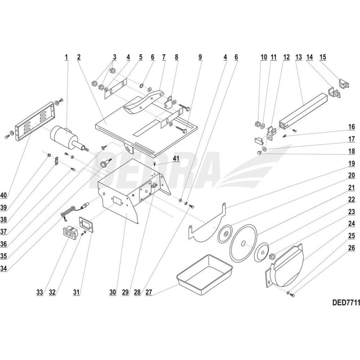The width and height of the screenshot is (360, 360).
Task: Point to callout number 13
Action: click(x=298, y=57)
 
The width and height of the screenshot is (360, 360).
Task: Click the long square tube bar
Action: click(x=301, y=111)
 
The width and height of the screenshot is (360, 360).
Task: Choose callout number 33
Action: click(x=40, y=292)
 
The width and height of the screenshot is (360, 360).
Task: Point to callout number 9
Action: click(x=200, y=57)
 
